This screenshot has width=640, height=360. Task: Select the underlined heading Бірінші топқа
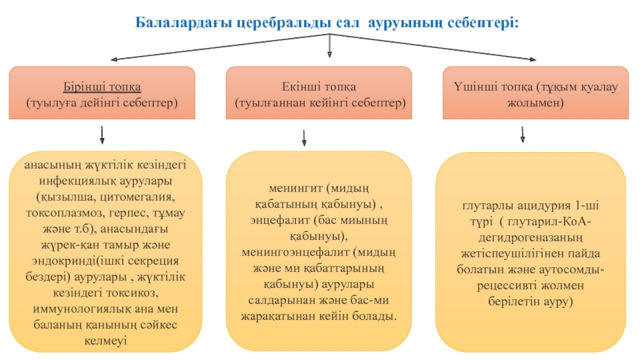pyautogui.click(x=102, y=87)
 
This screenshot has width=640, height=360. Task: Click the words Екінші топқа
pyautogui.click(x=318, y=87)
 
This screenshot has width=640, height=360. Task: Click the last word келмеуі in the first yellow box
pyautogui.click(x=106, y=341)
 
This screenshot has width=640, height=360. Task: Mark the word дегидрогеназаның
pyautogui.click(x=530, y=237)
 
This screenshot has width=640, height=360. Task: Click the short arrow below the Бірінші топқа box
pyautogui.click(x=102, y=135)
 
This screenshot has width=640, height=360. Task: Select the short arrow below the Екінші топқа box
pyautogui.click(x=304, y=138)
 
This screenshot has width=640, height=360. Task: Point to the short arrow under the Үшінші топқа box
pyautogui.click(x=522, y=134)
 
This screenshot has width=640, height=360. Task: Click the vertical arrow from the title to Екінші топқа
pyautogui.click(x=330, y=46)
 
